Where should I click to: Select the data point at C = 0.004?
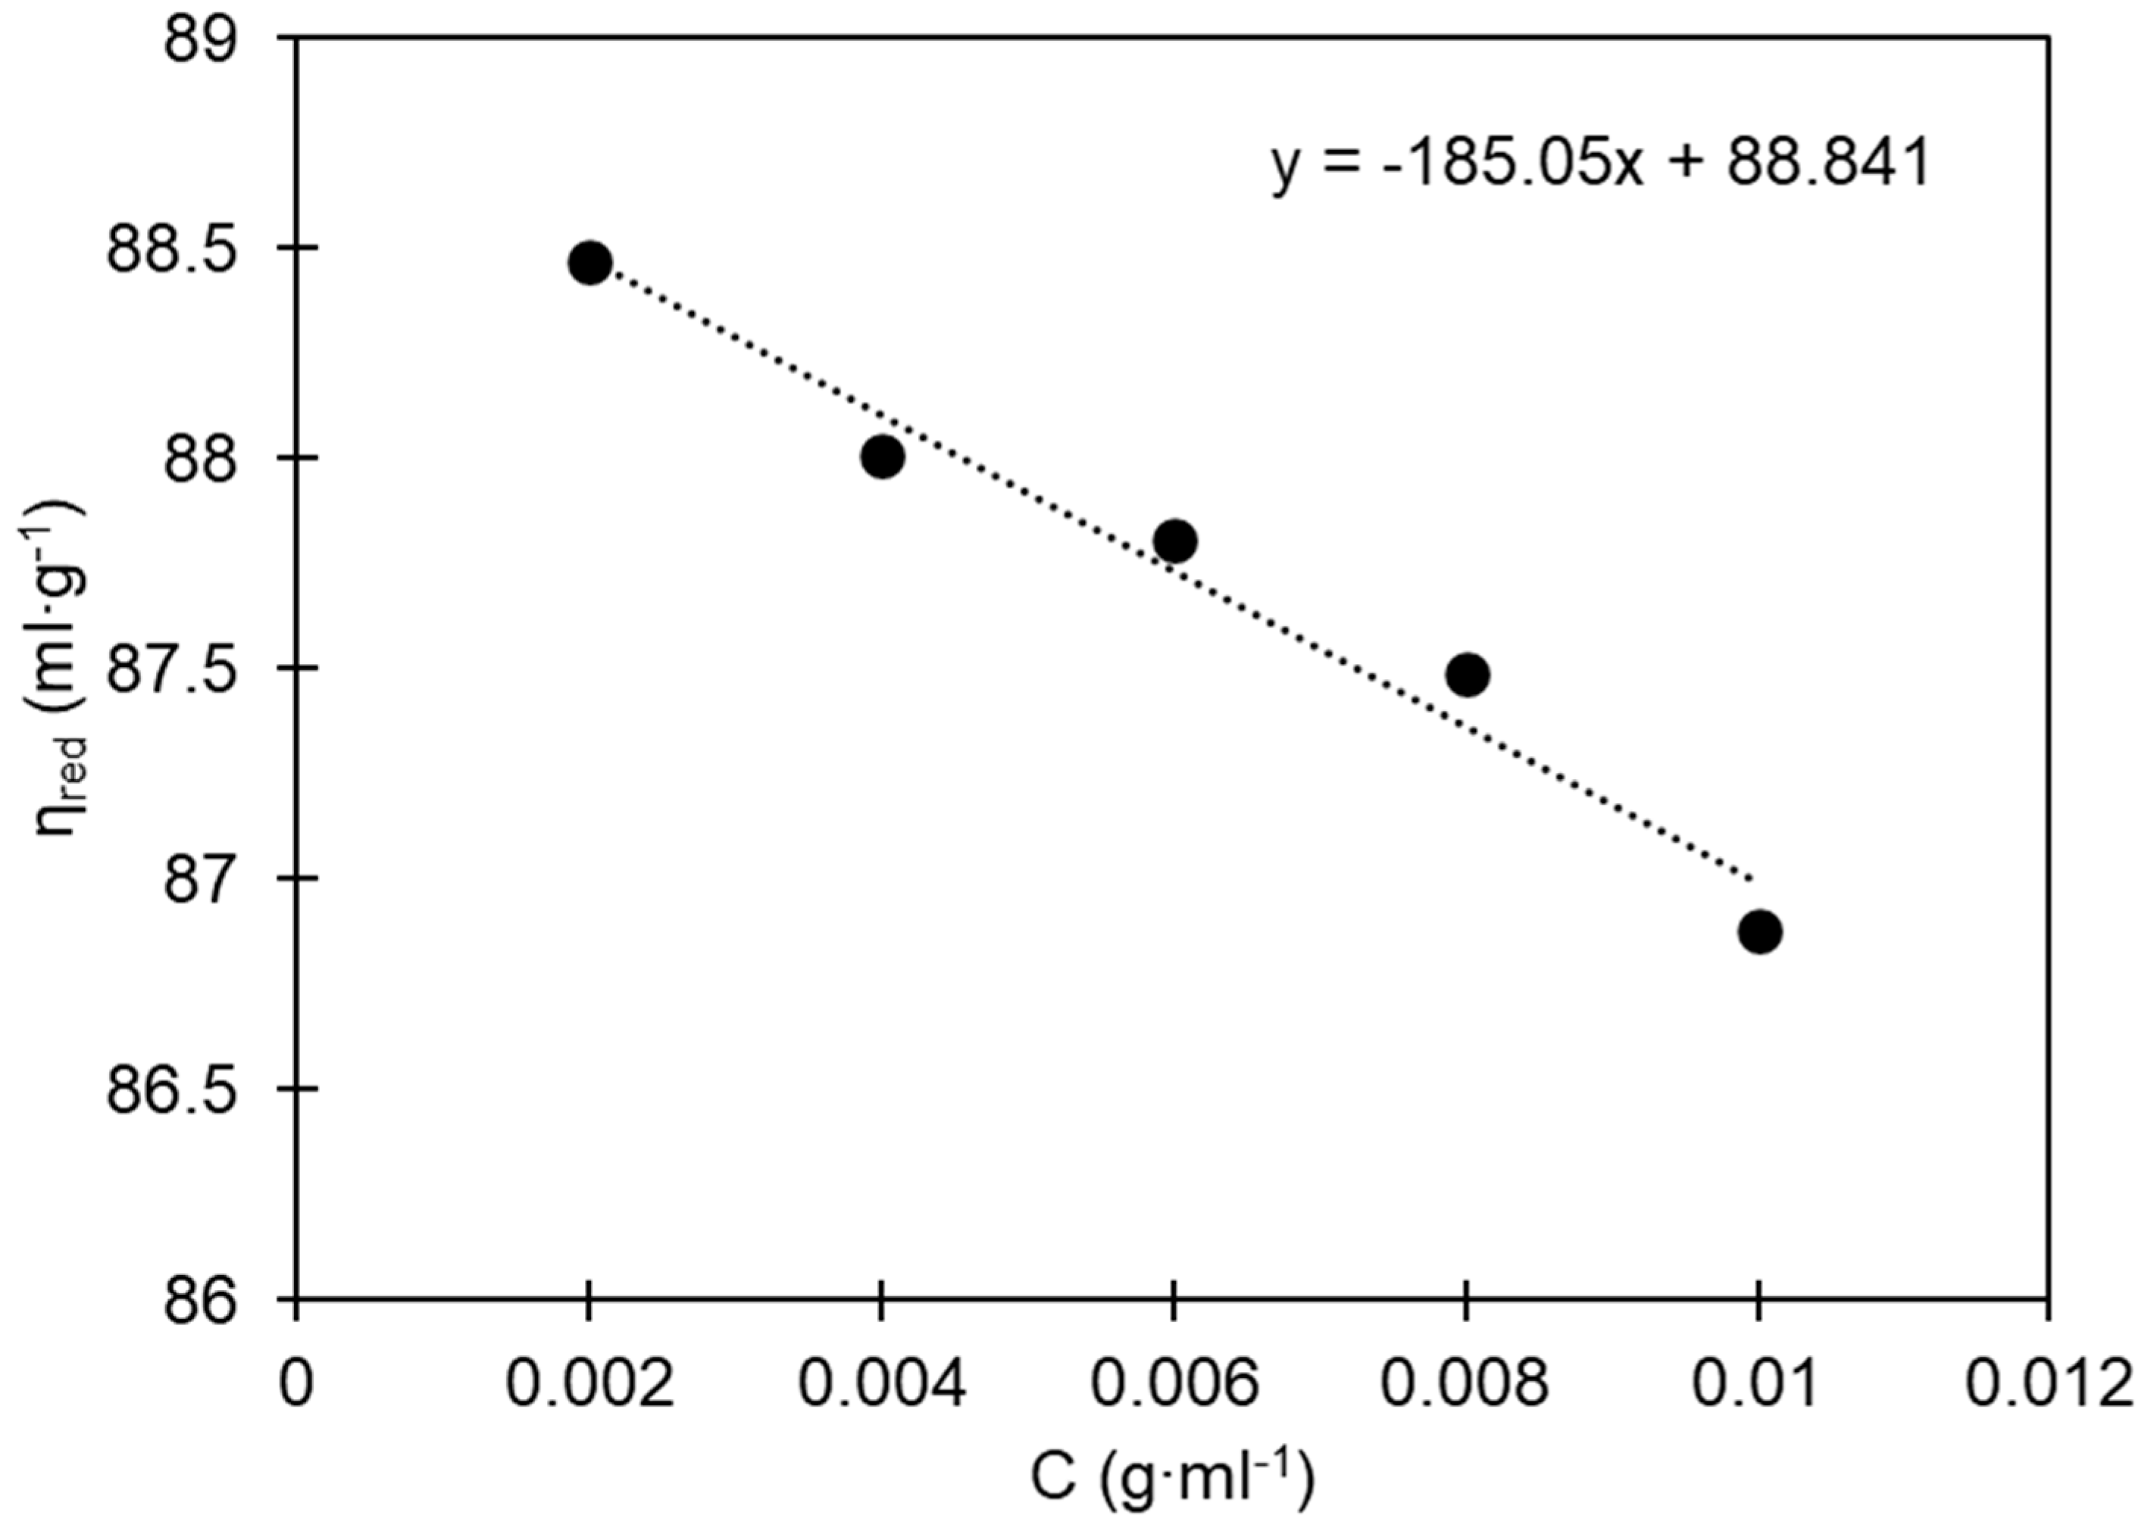pos(883,458)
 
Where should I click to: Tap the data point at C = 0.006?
pos(1175,541)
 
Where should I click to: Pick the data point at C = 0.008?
pos(1468,675)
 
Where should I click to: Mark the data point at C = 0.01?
pos(1760,932)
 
